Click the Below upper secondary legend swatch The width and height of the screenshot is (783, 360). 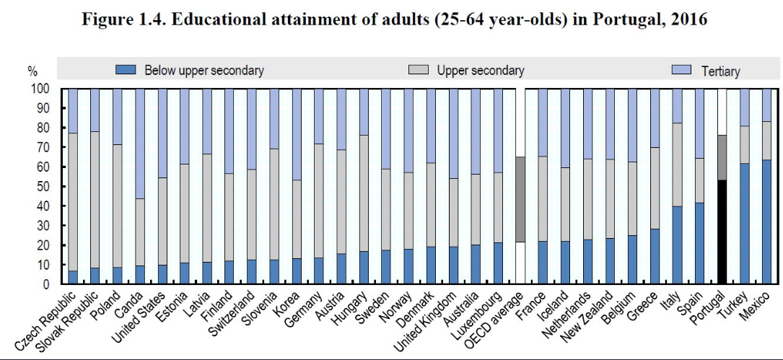click(126, 71)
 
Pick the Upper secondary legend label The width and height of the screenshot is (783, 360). click(480, 71)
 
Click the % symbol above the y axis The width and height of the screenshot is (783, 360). click(32, 71)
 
